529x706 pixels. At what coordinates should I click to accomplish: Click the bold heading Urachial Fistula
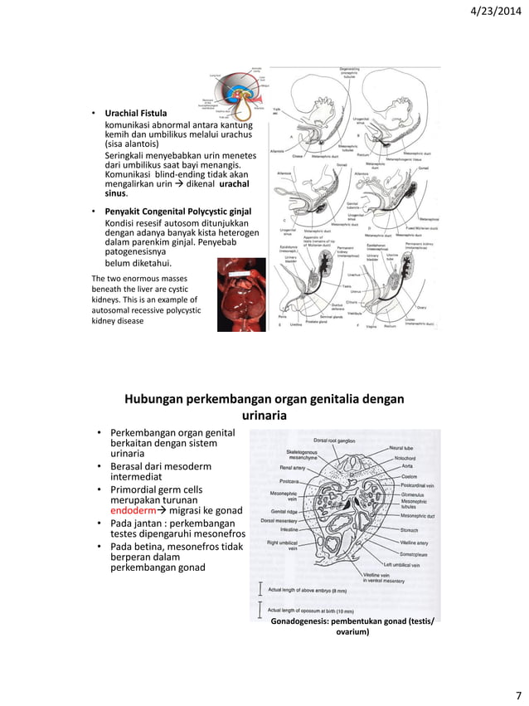135,113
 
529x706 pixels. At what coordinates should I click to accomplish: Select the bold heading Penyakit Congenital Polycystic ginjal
177,212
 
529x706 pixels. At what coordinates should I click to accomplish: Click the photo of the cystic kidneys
241,295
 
